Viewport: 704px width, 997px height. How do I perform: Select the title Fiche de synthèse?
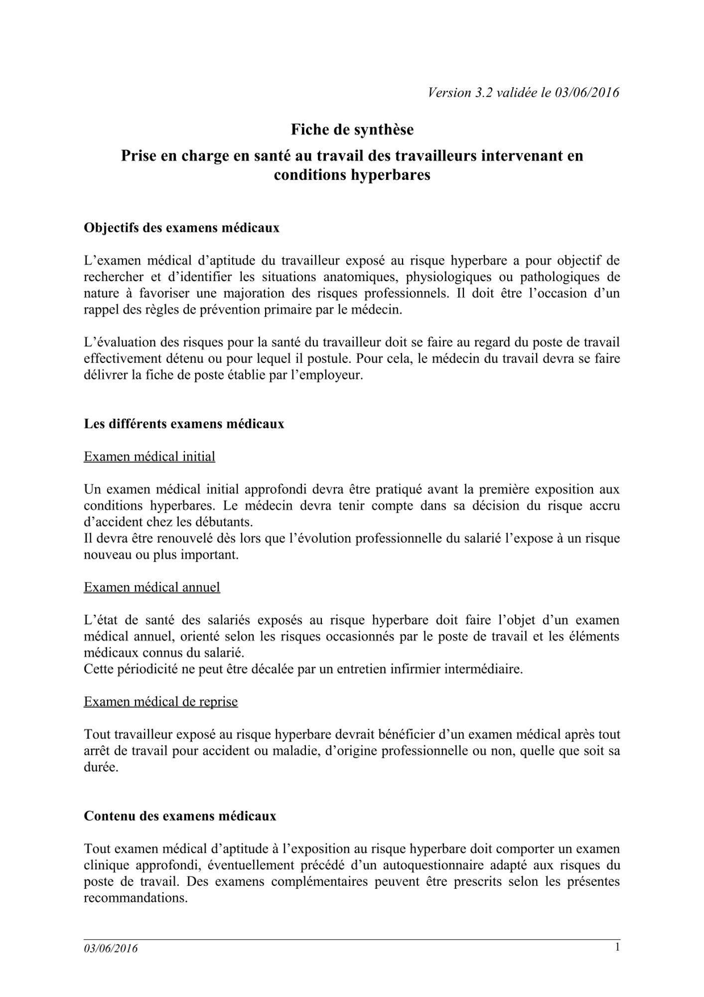click(x=352, y=130)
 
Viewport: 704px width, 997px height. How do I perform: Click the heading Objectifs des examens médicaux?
click(x=181, y=228)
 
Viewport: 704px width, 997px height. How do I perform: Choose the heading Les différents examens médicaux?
click(x=184, y=424)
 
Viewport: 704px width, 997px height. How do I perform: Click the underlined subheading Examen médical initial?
click(x=149, y=457)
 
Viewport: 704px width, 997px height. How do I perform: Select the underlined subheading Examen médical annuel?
click(x=152, y=587)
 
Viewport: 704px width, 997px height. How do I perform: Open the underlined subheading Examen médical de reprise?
click(x=160, y=702)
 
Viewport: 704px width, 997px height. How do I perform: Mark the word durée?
click(x=101, y=767)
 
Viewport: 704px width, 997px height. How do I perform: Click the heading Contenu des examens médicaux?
click(x=180, y=816)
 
